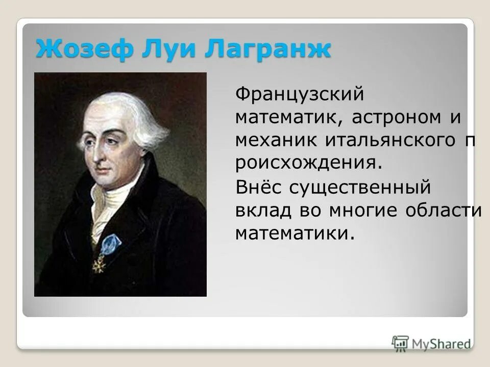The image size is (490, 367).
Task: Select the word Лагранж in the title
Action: pyautogui.click(x=267, y=49)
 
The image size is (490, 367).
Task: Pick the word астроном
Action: pyautogui.click(x=390, y=117)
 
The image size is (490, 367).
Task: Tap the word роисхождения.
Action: pyautogui.click(x=309, y=163)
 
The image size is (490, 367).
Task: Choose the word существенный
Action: pyautogui.click(x=360, y=187)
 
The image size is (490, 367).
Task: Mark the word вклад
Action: pyautogui.click(x=261, y=210)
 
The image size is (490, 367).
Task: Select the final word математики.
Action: pyautogui.click(x=295, y=233)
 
